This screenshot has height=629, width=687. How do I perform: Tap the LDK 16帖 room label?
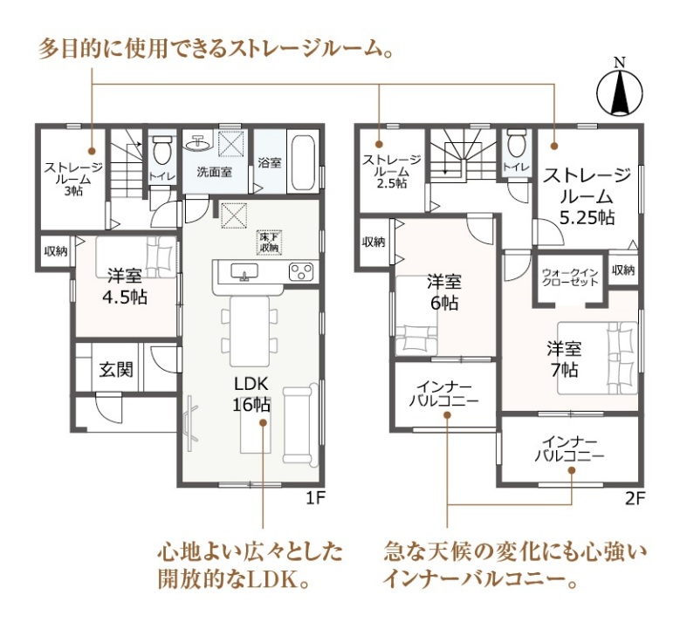[x=251, y=394]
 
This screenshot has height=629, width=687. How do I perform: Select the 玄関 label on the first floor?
[x=115, y=370]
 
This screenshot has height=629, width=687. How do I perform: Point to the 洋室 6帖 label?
[x=443, y=292]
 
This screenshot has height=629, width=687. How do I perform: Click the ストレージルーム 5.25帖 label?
[x=586, y=195]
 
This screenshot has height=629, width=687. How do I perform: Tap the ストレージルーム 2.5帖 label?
[x=391, y=171]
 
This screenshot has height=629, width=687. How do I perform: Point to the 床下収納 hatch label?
[x=267, y=243]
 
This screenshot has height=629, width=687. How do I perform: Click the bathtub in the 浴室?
[x=303, y=163]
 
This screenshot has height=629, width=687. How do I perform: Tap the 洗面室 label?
[x=213, y=172]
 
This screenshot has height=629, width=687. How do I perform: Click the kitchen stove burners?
[x=300, y=272]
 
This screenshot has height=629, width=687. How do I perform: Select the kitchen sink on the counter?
[x=244, y=274]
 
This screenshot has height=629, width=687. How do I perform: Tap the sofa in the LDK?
[x=301, y=423]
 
